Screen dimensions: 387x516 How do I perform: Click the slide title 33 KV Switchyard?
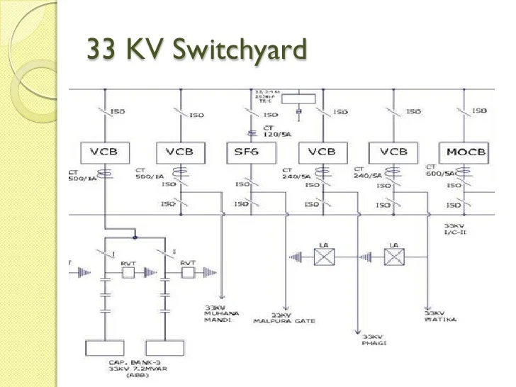click(196, 50)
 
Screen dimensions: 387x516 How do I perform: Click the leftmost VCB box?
click(105, 152)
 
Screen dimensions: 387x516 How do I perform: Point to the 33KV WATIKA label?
click(439, 315)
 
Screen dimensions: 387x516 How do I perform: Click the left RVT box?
click(128, 271)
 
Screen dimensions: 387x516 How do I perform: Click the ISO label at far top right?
click(480, 111)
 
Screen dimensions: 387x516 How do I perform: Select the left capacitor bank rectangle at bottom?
click(105, 349)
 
